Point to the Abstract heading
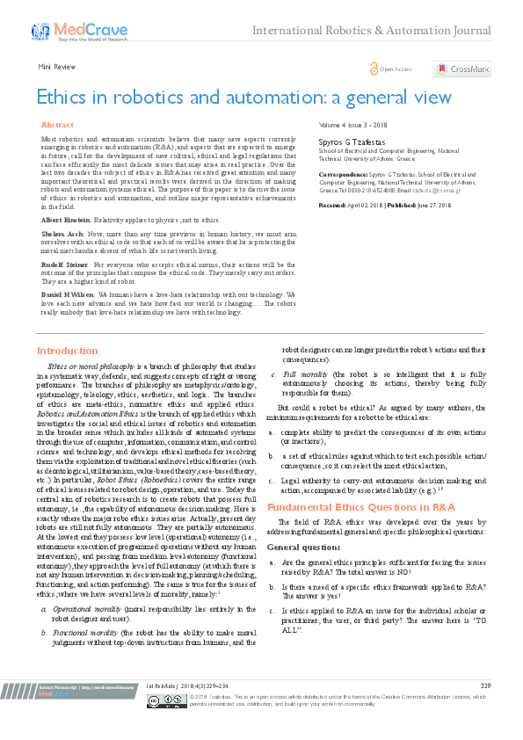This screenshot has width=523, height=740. tap(57, 126)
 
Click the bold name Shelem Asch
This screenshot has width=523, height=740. tap(60, 235)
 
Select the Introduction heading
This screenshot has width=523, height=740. tap(67, 351)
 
